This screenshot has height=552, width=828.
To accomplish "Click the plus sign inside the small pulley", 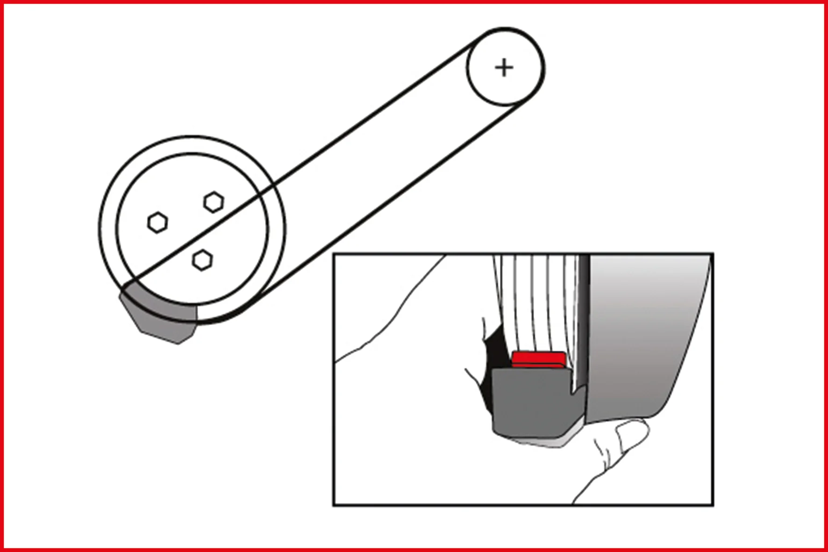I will point(504,68).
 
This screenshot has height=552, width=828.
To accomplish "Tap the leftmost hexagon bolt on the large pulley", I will point(157,222).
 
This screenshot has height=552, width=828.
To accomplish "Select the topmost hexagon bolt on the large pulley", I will point(214,202).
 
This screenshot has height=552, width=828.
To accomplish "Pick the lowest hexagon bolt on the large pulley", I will point(202,260).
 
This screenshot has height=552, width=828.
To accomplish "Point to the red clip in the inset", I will point(538,360).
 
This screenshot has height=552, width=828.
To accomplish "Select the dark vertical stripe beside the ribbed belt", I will point(584,318).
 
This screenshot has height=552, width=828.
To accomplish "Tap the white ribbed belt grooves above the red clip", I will point(537,304).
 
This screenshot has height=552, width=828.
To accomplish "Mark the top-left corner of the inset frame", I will point(334,255).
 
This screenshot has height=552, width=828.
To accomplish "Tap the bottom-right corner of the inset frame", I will point(713,505).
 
